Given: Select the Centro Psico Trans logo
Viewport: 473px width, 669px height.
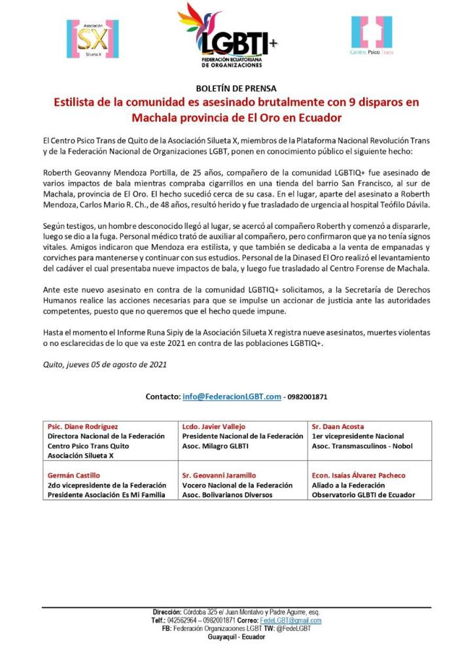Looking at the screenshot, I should [371, 35].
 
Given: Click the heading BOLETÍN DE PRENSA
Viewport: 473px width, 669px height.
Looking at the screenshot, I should [236, 88].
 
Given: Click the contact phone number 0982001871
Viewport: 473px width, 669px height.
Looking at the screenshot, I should [308, 397].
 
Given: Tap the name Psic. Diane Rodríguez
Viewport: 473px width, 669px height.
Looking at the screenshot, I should [83, 426].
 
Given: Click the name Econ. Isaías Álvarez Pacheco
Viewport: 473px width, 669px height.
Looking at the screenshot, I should [358, 475].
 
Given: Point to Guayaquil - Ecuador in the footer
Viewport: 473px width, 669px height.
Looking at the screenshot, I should [236, 637].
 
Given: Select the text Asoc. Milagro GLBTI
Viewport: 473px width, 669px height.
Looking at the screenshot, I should [215, 446].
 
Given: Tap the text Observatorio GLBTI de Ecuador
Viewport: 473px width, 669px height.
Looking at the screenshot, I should [363, 495].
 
